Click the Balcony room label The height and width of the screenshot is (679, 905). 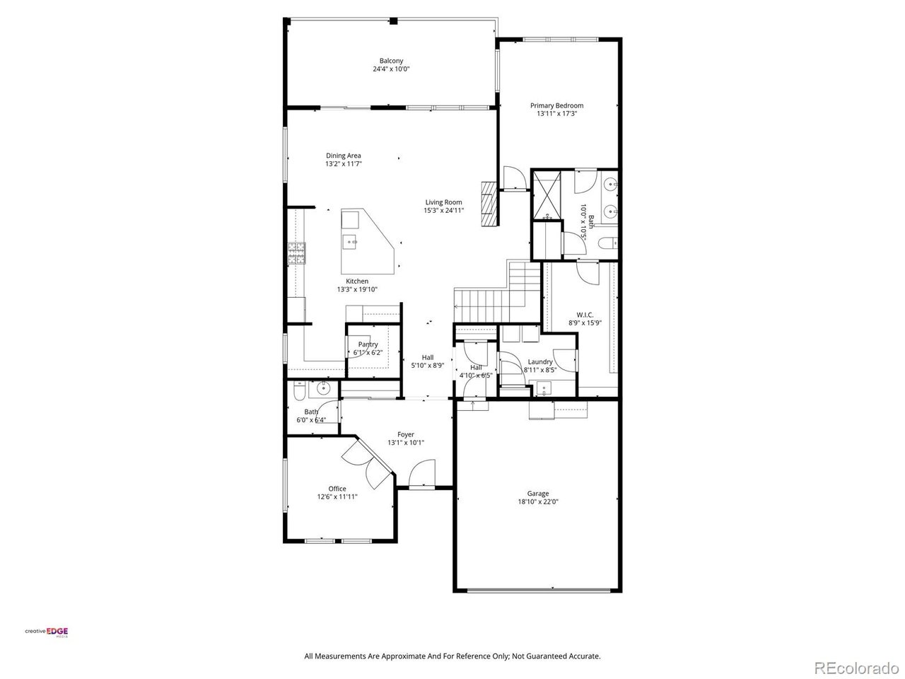pyautogui.click(x=391, y=61)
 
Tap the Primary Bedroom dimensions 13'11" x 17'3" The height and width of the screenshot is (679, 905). pyautogui.click(x=556, y=113)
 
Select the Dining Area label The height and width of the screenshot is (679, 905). pyautogui.click(x=344, y=156)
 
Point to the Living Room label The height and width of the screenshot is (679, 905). pyautogui.click(x=443, y=202)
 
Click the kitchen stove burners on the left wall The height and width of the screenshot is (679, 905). pyautogui.click(x=296, y=253)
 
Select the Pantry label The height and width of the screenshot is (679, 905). pyautogui.click(x=368, y=344)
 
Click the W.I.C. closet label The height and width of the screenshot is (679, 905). pyautogui.click(x=585, y=315)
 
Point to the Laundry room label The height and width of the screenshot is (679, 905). pyautogui.click(x=539, y=361)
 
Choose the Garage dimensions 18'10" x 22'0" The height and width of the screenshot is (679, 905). pyautogui.click(x=537, y=502)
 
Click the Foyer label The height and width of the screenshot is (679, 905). pyautogui.click(x=405, y=434)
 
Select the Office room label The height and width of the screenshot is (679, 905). pyautogui.click(x=337, y=489)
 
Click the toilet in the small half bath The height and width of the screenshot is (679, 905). pyautogui.click(x=298, y=390)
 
